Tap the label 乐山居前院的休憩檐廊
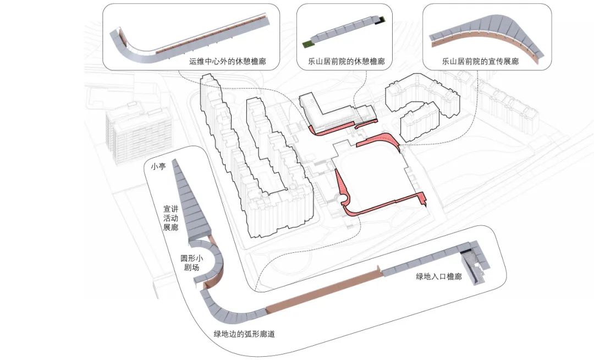(346, 62)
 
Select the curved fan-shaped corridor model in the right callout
(487, 38)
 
